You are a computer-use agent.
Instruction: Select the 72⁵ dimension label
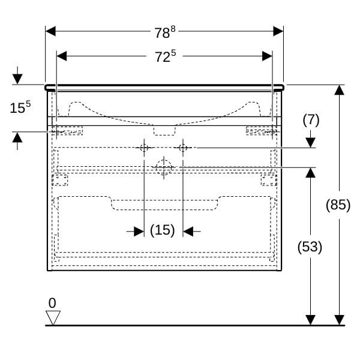coord(165,57)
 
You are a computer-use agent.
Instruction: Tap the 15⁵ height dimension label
coord(19,108)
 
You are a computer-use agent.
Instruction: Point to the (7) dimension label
coord(311,120)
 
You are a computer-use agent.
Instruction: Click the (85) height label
coord(338,205)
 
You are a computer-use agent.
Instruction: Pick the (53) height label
coord(310,246)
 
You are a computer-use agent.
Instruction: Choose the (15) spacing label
coord(162,230)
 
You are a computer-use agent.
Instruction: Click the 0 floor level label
coord(52,302)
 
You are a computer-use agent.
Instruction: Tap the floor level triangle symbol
coord(53,317)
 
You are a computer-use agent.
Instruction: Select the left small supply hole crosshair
coord(144,148)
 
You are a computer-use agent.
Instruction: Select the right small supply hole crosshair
coord(184,148)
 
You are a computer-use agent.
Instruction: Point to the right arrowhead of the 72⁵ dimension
coord(268,56)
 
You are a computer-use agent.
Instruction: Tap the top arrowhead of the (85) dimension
coord(340,90)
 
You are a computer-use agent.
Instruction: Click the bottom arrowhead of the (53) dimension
coord(310,320)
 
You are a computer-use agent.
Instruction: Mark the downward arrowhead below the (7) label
coord(311,143)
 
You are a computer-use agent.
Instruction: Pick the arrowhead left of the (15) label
coord(139,231)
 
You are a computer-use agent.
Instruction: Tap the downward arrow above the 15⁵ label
coord(17,79)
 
